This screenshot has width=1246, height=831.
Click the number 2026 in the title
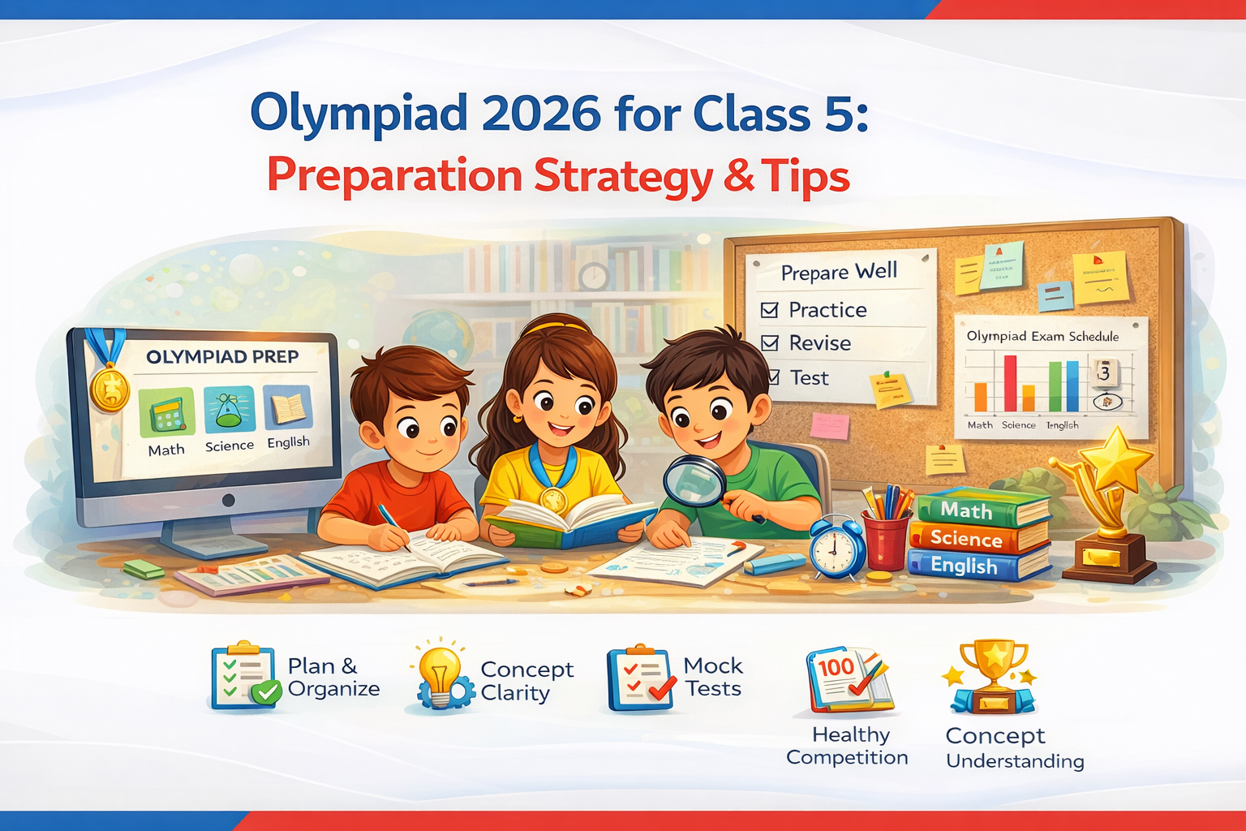[541, 114]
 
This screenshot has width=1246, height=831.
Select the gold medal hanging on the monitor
[110, 388]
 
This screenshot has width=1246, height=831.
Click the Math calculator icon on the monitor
[167, 412]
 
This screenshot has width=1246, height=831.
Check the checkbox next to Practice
[770, 310]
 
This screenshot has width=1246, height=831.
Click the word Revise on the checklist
[820, 343]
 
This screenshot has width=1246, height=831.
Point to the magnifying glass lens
[693, 480]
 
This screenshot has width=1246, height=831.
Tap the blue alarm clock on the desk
[836, 549]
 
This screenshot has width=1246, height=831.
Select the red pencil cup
[885, 540]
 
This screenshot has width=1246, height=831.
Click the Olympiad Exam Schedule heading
[1042, 336]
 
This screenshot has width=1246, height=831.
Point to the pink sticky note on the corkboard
[830, 425]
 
